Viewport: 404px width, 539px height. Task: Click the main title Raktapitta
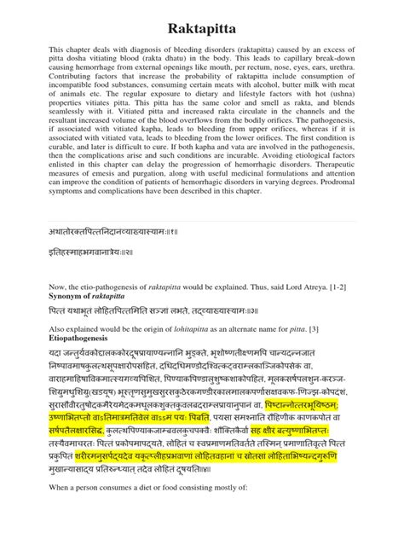click(x=202, y=25)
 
